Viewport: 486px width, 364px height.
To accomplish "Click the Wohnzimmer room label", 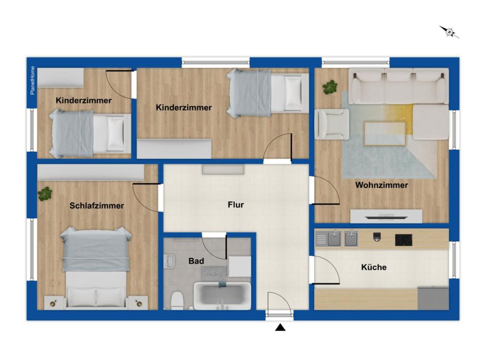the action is [381, 185].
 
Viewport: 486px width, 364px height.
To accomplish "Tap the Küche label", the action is [374, 267].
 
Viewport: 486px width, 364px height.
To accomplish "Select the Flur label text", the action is [235, 205].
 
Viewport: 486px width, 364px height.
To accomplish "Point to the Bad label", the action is [196, 261].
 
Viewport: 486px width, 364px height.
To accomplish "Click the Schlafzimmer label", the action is [97, 206].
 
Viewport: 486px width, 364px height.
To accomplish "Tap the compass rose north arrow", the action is [449, 32].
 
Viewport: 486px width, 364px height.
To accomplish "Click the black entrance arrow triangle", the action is [280, 327].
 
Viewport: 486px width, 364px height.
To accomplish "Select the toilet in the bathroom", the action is [178, 300].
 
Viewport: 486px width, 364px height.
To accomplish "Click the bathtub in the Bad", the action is [222, 296].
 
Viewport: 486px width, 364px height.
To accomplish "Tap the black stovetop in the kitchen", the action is [403, 240].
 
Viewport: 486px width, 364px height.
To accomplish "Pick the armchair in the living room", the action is [332, 124].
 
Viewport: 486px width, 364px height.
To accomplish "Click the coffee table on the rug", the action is [384, 133].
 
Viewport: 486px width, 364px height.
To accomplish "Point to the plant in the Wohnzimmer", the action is [330, 87].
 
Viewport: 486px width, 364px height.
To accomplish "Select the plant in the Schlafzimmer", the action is [45, 194].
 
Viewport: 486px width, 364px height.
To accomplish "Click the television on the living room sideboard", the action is [386, 217].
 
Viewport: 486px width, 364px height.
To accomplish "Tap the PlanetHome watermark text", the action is [33, 81].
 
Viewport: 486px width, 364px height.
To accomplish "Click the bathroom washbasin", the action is [169, 261].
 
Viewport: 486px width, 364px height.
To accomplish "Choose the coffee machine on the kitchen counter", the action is [376, 237].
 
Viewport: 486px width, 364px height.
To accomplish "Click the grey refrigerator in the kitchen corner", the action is [433, 298].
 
